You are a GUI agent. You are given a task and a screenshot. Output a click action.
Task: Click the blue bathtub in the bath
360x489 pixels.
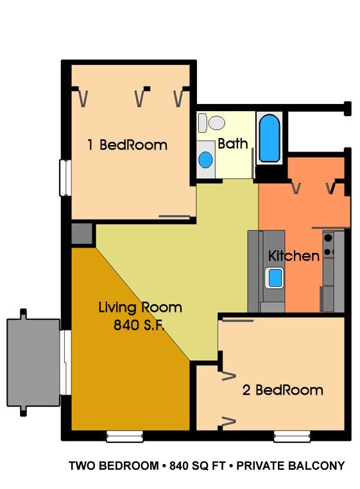[x=270, y=138]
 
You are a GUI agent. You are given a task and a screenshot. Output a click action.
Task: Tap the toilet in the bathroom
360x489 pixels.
[x=212, y=123]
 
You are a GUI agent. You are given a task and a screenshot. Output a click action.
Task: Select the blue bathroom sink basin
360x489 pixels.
[x=205, y=159]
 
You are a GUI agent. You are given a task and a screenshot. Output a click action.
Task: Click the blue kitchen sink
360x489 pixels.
[x=275, y=278]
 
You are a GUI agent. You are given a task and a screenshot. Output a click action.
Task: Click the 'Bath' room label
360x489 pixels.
[x=233, y=144]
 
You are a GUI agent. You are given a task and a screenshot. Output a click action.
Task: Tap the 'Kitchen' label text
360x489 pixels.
[x=294, y=255]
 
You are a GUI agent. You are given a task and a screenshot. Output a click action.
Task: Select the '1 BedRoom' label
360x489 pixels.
[x=127, y=145]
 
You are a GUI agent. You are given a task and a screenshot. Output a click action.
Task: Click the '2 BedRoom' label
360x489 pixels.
[x=282, y=390]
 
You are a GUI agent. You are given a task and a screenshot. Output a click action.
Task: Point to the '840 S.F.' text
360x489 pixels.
[x=139, y=325]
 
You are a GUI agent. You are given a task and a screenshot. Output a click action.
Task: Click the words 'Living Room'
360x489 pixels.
[x=141, y=307]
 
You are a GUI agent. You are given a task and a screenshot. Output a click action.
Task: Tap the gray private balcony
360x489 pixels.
[x=33, y=363]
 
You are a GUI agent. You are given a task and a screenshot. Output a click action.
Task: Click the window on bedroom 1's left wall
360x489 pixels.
[x=65, y=178]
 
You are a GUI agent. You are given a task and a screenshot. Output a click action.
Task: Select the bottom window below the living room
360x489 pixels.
[x=124, y=436]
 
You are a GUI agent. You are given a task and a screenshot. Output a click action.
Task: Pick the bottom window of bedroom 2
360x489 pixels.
[x=292, y=436]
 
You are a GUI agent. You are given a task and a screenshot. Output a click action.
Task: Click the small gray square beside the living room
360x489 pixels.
[x=82, y=234]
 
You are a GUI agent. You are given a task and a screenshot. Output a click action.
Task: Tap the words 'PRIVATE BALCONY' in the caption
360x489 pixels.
[x=291, y=466]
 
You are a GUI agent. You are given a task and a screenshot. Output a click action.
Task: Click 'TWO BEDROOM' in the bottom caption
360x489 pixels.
[x=114, y=466]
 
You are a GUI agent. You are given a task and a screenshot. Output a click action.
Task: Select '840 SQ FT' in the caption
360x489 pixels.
[x=198, y=466]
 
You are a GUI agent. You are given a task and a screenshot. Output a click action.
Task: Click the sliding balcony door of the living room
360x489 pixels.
[x=65, y=363]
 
